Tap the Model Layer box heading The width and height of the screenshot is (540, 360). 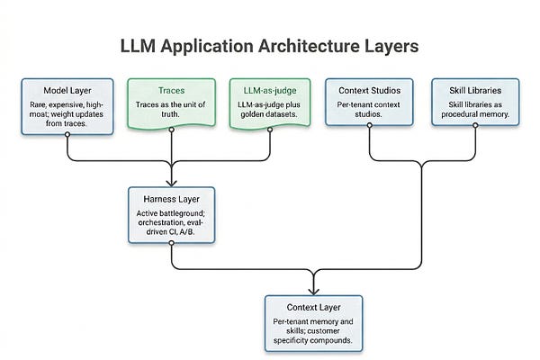67,91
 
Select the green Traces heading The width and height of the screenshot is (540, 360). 172,91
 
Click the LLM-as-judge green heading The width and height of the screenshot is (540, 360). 270,91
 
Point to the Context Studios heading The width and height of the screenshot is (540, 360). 370,91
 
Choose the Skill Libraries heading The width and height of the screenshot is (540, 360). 475,90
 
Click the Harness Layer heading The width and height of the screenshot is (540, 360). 172,199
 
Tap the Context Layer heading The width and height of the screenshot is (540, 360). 313,307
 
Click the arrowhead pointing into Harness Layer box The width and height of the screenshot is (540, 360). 172,183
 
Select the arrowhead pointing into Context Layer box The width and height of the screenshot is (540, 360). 313,291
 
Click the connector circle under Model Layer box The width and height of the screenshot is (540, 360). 67,134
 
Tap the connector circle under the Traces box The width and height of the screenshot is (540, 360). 172,130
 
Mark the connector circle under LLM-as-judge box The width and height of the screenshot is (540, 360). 270,130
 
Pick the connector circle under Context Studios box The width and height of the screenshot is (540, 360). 370,125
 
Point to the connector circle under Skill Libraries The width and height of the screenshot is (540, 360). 475,125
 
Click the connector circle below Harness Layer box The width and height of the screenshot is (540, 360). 172,243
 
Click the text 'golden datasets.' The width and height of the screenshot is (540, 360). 269,114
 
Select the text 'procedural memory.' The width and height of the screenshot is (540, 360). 475,114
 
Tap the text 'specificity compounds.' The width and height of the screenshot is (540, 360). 313,340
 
